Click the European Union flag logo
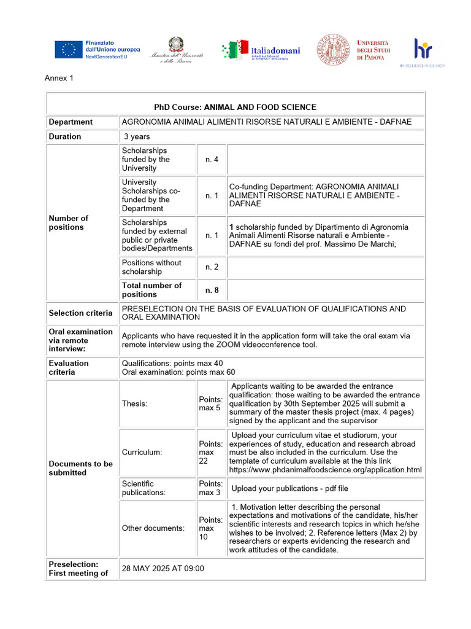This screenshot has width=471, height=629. tap(68, 49)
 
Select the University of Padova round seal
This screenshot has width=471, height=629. tap(332, 50)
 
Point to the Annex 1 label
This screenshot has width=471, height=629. tap(59, 78)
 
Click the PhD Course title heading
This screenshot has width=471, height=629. tap(235, 107)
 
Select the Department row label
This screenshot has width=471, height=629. tap(71, 122)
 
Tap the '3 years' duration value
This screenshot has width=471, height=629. tap(137, 136)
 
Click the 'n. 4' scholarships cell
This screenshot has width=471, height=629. tap(212, 159)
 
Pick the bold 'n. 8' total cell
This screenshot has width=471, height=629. tap(212, 290)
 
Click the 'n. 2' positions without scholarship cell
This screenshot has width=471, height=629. tap(212, 267)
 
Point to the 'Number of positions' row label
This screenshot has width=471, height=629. tap(68, 222)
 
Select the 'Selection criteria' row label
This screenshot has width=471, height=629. tap(80, 313)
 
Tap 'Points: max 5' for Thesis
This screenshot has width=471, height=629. tap(210, 404)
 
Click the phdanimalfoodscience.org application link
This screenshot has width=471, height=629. tap(325, 470)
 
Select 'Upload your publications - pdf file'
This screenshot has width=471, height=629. tap(289, 488)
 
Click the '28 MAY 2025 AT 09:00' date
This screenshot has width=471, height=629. tap(163, 568)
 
